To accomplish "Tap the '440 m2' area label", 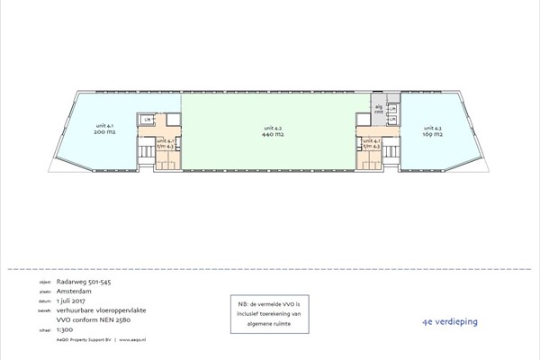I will (273, 131).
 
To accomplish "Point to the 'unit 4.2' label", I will (273, 125).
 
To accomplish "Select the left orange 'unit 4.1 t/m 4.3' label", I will (166, 143).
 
